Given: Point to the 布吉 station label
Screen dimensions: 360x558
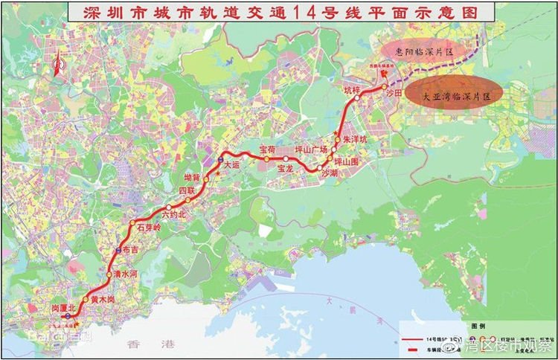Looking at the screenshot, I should pyautogui.click(x=130, y=251).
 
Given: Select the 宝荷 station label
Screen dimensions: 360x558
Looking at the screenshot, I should pyautogui.click(x=267, y=150).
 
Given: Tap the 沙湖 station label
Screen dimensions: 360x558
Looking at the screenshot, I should pyautogui.click(x=329, y=172).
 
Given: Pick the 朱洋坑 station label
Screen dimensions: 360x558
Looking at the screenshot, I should pyautogui.click(x=356, y=138).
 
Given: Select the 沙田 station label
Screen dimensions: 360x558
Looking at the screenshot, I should pyautogui.click(x=394, y=94).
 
